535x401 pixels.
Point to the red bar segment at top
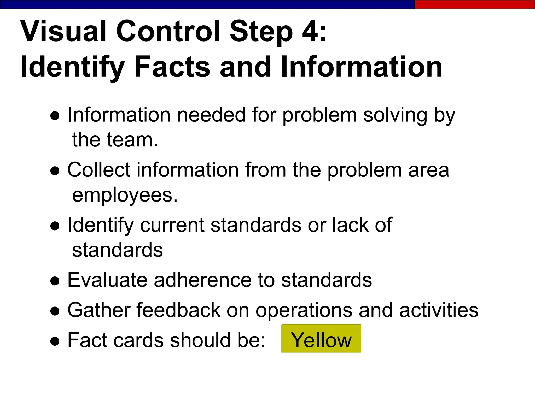click(x=474, y=4)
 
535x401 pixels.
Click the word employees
click(x=125, y=195)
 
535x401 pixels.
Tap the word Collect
click(x=99, y=170)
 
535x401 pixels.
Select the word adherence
click(x=203, y=280)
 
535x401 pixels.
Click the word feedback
click(x=178, y=310)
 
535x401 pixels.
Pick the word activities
click(x=439, y=310)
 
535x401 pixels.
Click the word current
click(x=172, y=225)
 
